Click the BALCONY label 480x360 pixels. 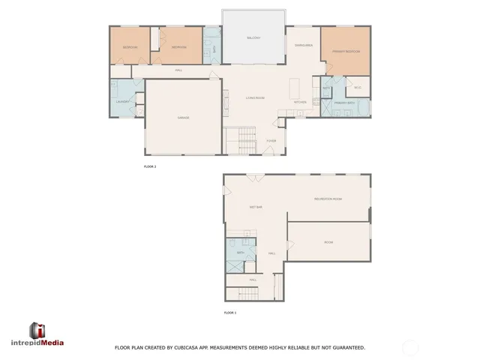point(253,37)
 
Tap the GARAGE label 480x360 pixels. point(183,118)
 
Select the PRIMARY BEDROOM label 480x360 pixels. point(346,51)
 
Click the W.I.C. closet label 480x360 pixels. point(358,88)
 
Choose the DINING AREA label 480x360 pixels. point(303,45)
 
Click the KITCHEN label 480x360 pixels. point(299,102)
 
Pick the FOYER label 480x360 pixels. point(271,140)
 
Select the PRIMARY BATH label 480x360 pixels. point(344,101)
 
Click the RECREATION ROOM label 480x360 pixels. point(328,199)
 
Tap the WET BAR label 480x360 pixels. point(256,207)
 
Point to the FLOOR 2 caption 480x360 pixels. point(150,166)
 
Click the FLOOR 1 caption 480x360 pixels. point(230,312)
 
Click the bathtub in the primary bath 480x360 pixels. point(362,108)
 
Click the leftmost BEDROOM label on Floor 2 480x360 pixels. point(130,47)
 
